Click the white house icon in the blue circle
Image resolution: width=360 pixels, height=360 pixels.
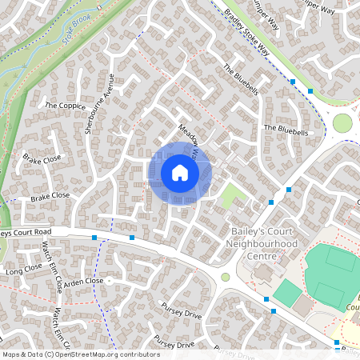[x=180, y=173]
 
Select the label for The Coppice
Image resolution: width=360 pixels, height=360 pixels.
[x=65, y=105]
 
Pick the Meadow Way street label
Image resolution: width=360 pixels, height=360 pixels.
[x=189, y=138]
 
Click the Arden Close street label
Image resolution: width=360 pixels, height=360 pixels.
[x=84, y=282]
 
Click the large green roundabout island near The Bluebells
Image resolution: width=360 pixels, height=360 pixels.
[x=342, y=123]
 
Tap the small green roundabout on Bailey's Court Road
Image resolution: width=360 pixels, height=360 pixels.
[x=226, y=277]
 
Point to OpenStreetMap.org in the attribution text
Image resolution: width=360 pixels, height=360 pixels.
[x=85, y=354]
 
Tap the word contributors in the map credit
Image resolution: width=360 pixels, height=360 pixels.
[x=135, y=354]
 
